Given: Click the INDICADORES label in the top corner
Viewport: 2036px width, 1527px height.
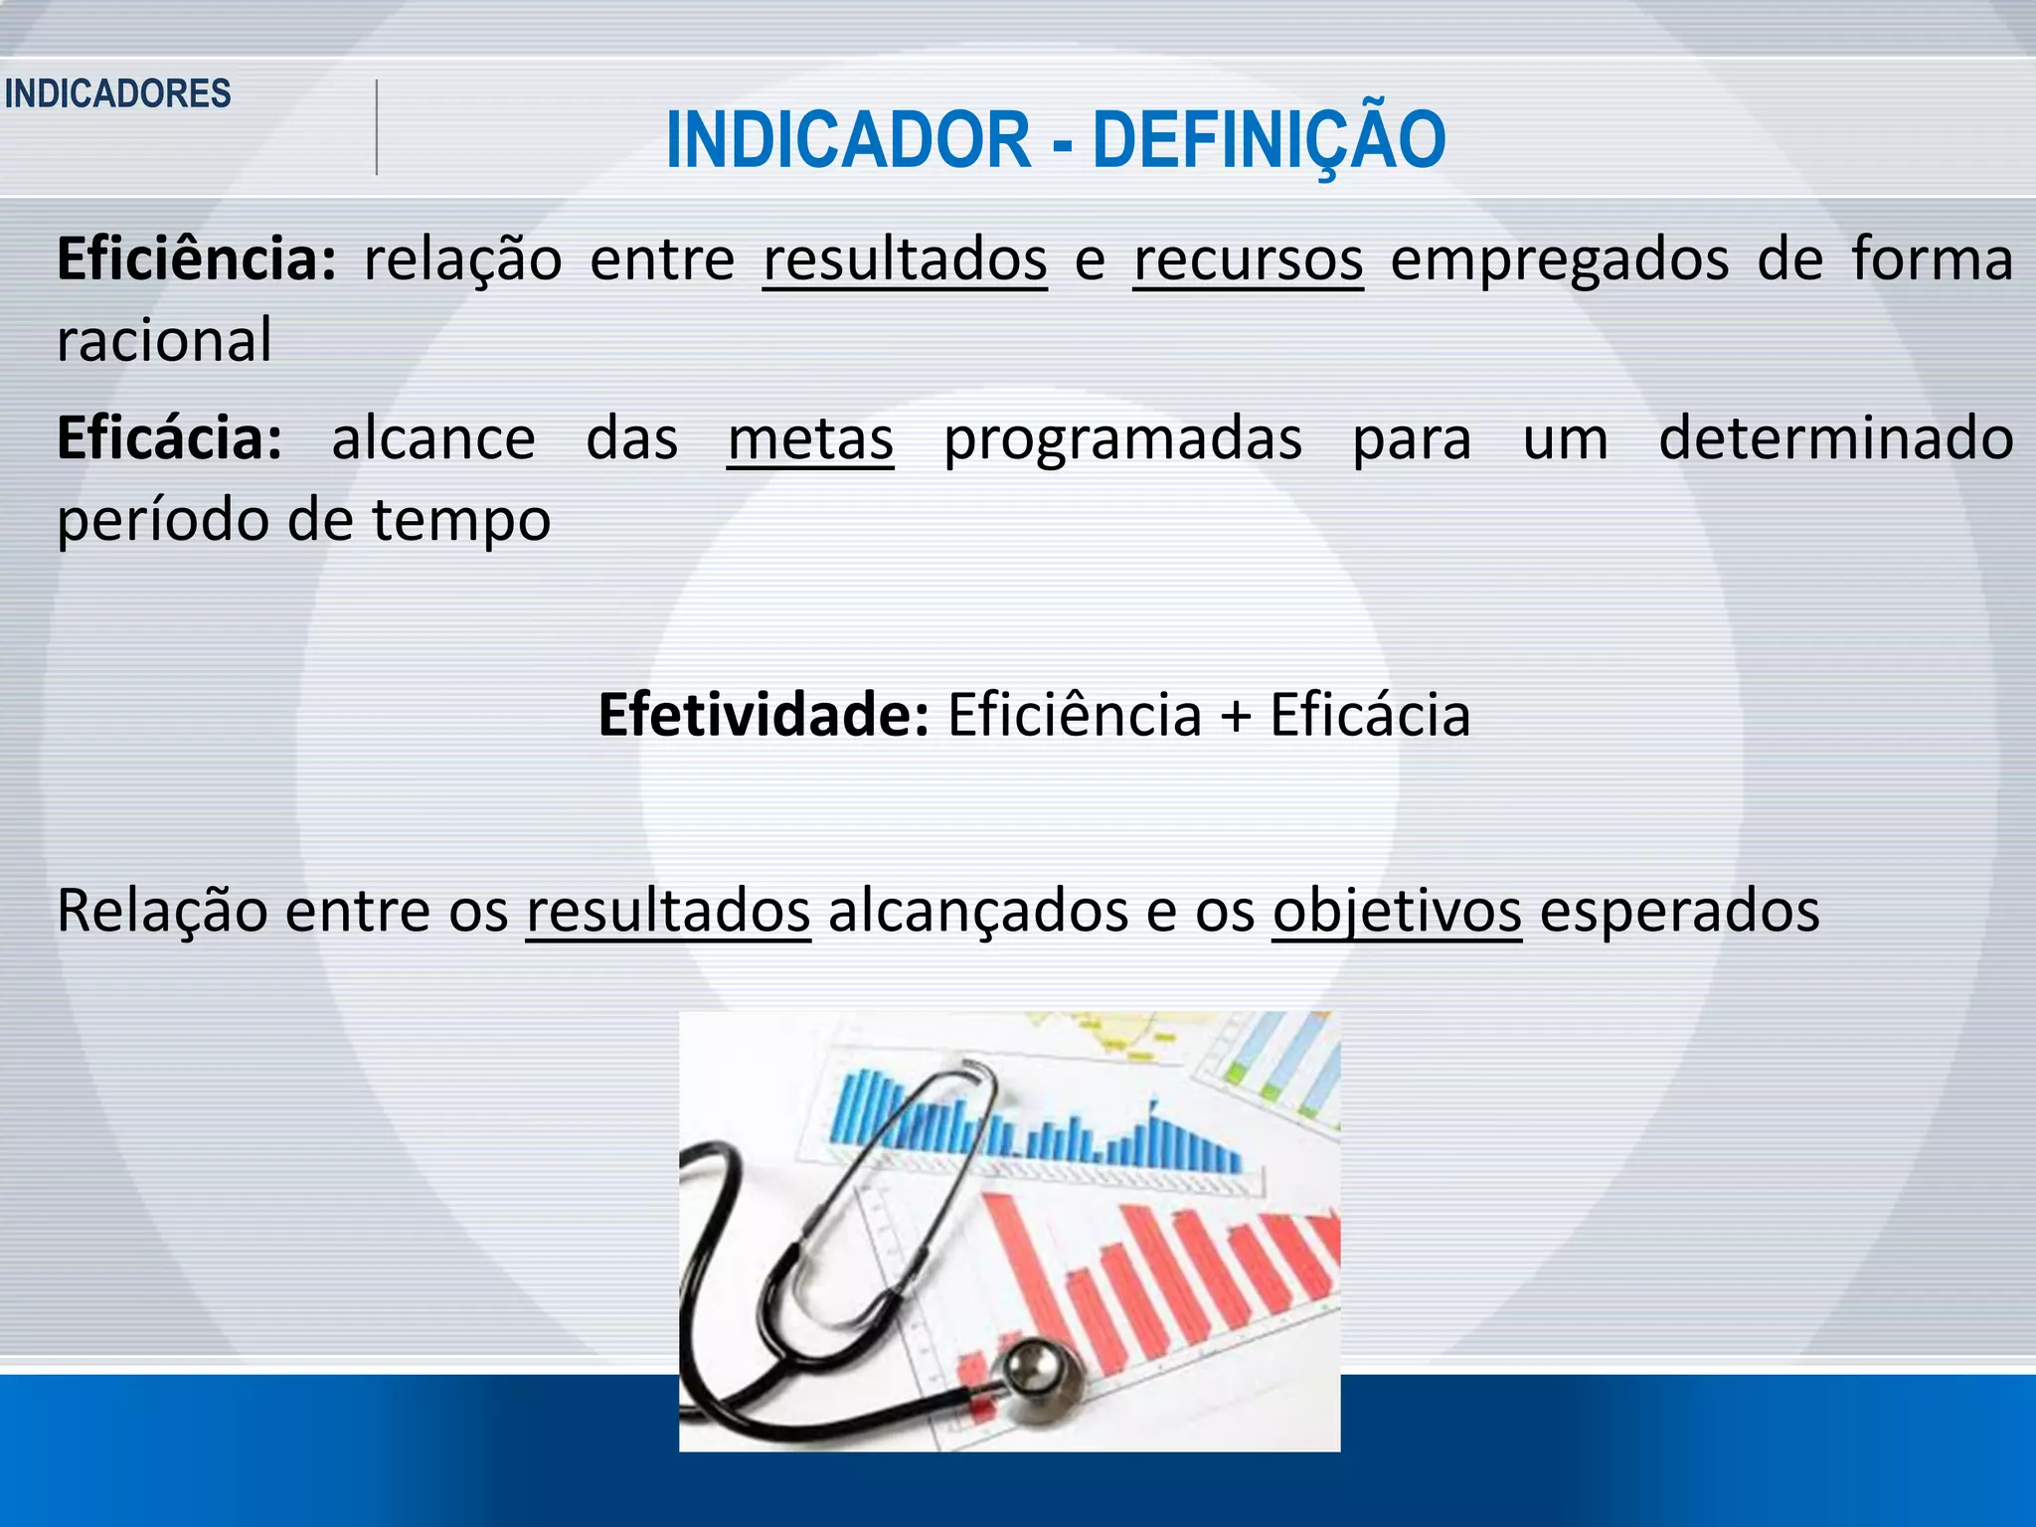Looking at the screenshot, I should pos(117,93).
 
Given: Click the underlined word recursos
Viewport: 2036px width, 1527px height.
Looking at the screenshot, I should pos(1248,260).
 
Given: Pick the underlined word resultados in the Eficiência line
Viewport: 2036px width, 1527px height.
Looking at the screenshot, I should pos(905,260).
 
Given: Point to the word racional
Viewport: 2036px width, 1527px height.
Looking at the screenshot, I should pos(164,340).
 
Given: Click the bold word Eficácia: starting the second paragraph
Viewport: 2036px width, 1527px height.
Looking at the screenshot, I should pos(170,438).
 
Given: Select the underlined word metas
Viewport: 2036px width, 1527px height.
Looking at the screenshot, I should pos(810,438).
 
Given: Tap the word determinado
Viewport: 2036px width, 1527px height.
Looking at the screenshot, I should pos(1836,438).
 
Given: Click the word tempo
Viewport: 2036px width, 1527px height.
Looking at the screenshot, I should pos(461,520).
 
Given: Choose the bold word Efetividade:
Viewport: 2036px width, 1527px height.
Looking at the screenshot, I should pos(763,715).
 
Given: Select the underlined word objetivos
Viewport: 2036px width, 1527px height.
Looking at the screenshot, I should pos(1397,911).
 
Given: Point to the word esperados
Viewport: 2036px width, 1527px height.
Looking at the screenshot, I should pos(1679,911).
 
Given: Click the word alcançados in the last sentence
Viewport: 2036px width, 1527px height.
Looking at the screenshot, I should pos(978,911).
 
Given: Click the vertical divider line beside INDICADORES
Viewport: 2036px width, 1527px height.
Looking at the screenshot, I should pos(377,127).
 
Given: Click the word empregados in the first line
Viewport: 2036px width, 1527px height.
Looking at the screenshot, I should pos(1559,260).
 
